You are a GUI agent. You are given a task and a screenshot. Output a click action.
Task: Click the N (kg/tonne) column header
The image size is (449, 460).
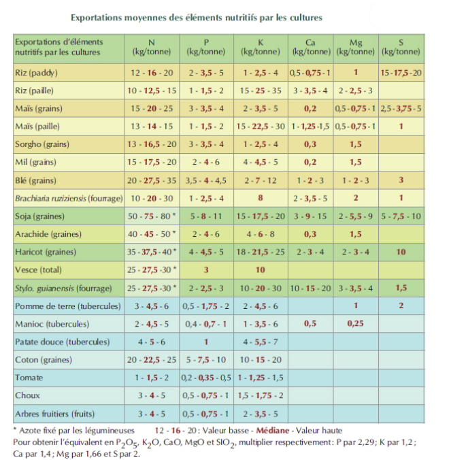[152, 47]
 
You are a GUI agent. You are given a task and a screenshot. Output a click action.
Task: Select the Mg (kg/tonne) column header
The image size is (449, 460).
[355, 47]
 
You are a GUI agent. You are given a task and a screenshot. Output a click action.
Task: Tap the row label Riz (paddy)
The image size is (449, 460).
[36, 73]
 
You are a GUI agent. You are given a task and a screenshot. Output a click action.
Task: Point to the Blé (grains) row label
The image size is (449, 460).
[35, 180]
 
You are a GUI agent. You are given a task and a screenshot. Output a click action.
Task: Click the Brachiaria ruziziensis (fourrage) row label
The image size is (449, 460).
[69, 198]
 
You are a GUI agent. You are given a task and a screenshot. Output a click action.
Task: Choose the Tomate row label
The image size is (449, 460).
[29, 378]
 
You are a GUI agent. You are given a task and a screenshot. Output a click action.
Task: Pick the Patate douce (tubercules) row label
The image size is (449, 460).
[63, 342]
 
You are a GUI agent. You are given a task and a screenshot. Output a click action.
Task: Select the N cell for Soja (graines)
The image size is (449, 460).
[152, 216]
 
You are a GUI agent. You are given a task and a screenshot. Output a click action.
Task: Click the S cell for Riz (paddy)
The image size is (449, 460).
[401, 72]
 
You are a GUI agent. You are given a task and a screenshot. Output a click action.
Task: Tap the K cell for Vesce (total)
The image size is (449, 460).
[261, 270]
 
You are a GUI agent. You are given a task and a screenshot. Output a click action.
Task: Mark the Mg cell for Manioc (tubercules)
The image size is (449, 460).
[355, 324]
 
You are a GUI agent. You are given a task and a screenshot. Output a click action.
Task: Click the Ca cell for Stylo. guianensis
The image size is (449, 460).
[310, 289]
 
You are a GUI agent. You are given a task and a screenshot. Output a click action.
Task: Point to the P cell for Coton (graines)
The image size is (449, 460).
[206, 360]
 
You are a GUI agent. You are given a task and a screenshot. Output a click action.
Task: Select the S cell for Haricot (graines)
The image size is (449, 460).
[401, 252]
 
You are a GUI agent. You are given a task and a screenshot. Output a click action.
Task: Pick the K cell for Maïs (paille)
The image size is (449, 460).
[261, 127]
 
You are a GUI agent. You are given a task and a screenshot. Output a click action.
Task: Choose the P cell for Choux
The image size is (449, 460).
[206, 395]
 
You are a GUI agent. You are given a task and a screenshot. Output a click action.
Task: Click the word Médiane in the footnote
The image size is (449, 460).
[272, 430]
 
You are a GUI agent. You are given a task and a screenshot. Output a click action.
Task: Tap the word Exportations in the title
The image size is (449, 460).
[96, 18]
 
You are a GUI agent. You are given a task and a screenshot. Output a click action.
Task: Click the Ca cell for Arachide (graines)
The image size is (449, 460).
[310, 234]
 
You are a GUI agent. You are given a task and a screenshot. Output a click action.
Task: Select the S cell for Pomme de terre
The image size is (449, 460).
[401, 306]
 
